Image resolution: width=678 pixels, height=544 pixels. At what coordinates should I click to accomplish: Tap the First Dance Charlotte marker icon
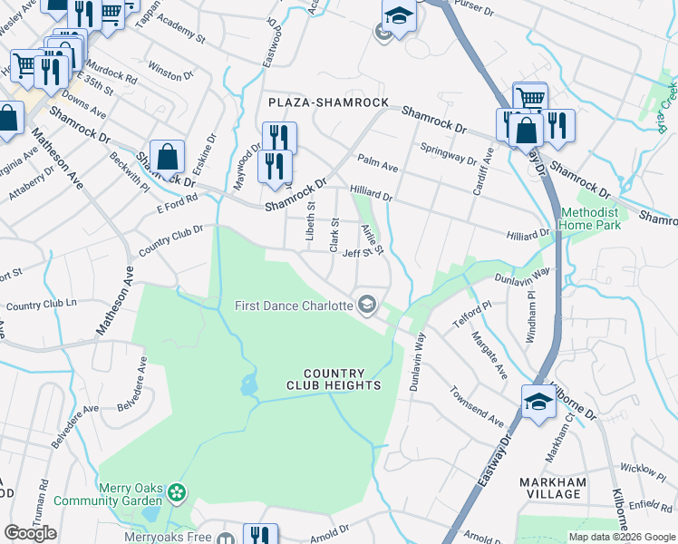(367, 305)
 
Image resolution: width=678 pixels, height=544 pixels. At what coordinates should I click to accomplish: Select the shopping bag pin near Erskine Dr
(169, 157)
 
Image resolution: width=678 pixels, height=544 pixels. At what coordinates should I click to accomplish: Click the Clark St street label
(334, 235)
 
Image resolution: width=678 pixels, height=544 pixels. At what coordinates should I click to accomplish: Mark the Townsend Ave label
(476, 406)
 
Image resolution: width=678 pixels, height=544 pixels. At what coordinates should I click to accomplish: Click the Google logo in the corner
(30, 533)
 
